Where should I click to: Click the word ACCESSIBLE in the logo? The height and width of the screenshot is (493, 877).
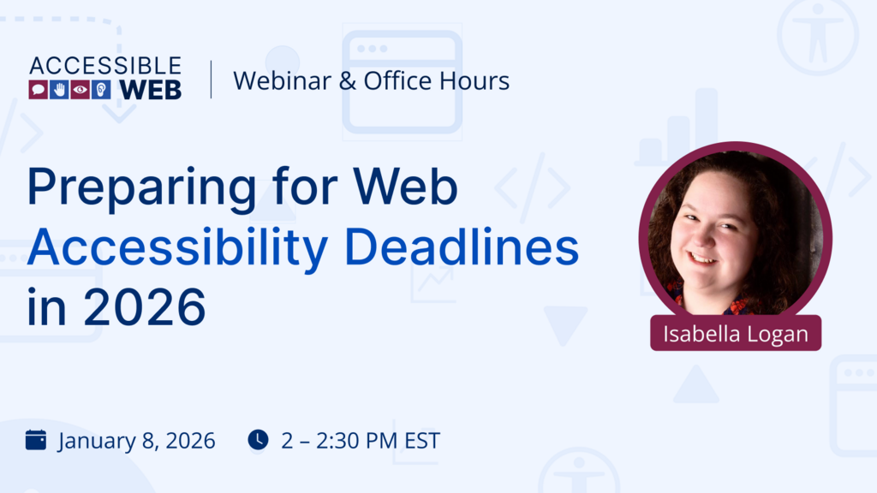point(105,66)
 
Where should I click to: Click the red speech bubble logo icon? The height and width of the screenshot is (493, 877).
point(38,90)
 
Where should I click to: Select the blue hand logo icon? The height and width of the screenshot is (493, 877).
point(59,90)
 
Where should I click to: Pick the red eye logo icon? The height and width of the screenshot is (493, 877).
point(81,90)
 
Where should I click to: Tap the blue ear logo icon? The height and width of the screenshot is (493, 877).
point(101,90)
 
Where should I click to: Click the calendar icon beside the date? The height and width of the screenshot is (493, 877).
point(36,440)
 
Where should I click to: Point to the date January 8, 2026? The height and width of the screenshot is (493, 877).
point(136,441)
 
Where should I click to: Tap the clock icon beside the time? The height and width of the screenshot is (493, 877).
point(258,439)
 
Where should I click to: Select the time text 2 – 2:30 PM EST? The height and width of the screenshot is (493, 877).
point(360,441)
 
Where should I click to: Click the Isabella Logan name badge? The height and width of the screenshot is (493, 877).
point(736,333)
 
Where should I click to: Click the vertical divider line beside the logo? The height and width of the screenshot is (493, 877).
point(211,79)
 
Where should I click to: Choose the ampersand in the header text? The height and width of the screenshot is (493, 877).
point(350,80)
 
